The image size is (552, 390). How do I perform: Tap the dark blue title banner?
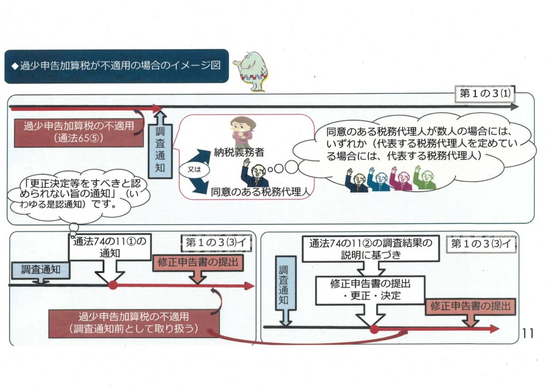(116, 66)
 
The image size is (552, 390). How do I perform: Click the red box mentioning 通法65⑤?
(79, 133)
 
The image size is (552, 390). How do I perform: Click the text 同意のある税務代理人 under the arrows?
(259, 190)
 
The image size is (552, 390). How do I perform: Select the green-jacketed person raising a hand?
(424, 178)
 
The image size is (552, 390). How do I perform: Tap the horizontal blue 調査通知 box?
(41, 269)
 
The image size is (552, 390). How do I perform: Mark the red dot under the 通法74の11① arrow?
(113, 285)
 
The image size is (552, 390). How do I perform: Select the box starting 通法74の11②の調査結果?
(370, 249)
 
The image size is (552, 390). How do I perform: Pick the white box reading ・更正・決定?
(370, 290)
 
